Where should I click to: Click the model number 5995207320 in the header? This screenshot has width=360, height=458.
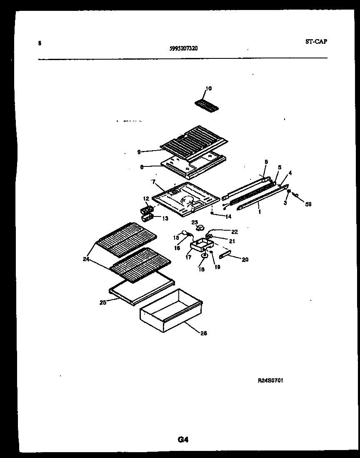tap(184, 48)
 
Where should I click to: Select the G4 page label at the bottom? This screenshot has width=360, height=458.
tap(183, 439)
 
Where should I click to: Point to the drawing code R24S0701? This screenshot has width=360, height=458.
tap(271, 380)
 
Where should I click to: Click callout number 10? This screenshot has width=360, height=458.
tap(208, 88)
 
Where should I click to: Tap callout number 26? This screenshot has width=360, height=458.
tap(203, 333)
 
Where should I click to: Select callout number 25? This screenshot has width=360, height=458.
tap(103, 302)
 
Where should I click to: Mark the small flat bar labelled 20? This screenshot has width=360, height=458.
tap(225, 255)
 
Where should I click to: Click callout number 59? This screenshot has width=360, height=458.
tap(308, 204)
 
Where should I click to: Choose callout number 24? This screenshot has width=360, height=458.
tap(86, 259)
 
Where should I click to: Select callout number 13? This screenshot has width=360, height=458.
tap(165, 218)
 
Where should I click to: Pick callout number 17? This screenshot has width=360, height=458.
tap(188, 257)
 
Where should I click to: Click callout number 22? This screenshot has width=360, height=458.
tap(234, 232)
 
